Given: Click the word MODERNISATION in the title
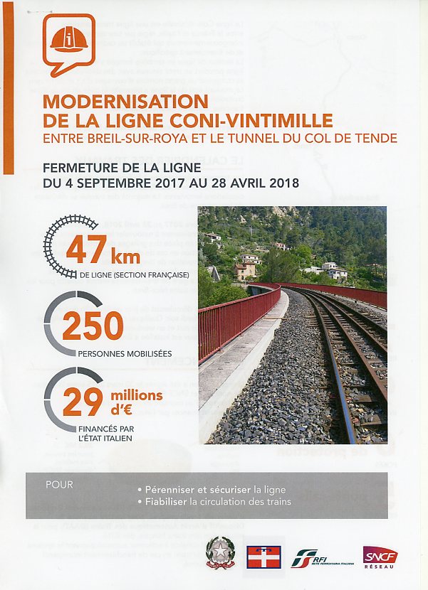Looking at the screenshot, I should pyautogui.click(x=125, y=102).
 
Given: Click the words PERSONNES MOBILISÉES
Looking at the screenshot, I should pyautogui.click(x=115, y=353).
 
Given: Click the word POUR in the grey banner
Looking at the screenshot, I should pyautogui.click(x=59, y=486).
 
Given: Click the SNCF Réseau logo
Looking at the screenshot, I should pyautogui.click(x=380, y=557).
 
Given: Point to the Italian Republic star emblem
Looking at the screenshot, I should pyautogui.click(x=220, y=552).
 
